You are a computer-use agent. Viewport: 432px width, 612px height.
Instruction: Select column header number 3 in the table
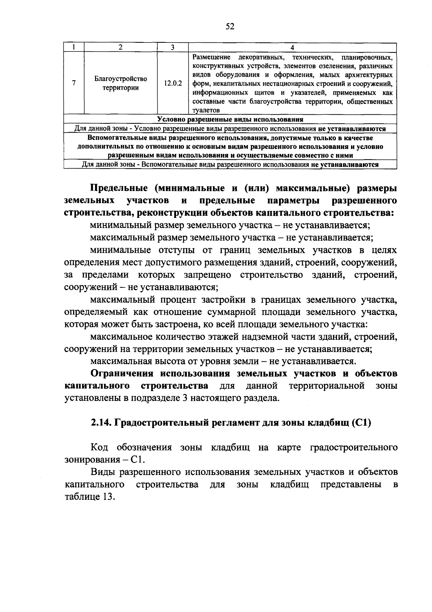coord(172,47)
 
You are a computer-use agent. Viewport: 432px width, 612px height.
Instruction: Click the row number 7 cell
coord(73,83)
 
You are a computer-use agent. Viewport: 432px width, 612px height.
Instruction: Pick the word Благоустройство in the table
coord(121,79)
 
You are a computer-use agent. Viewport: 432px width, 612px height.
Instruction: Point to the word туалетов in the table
coord(206,110)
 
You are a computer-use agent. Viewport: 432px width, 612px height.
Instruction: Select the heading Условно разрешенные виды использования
coord(230,119)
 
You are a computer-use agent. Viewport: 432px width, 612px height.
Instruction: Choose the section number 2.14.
coord(101,423)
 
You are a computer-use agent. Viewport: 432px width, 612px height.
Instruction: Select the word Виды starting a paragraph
coord(103,472)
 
